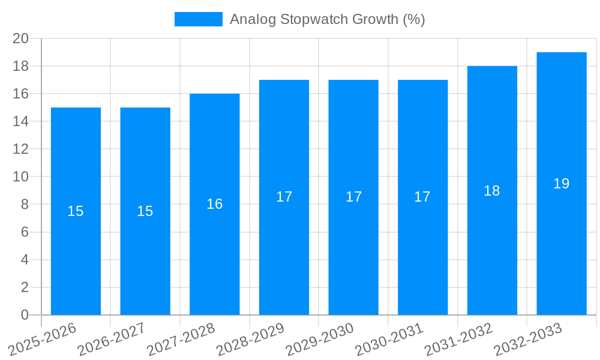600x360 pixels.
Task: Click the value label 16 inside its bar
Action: (x=215, y=204)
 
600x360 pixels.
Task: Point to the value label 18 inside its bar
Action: (x=492, y=191)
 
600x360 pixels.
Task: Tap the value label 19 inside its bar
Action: (x=562, y=184)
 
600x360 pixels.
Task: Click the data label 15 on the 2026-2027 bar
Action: (x=145, y=211)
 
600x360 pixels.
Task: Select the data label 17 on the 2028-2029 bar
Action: (x=284, y=197)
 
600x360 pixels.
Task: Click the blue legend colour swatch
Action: (x=198, y=19)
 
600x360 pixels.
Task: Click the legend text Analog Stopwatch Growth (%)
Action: (x=328, y=19)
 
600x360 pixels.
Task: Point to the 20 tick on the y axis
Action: (x=21, y=38)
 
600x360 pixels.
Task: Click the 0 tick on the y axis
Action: (x=25, y=315)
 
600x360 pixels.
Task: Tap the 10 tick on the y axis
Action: (x=21, y=177)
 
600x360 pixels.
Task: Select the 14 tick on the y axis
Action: (x=21, y=121)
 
